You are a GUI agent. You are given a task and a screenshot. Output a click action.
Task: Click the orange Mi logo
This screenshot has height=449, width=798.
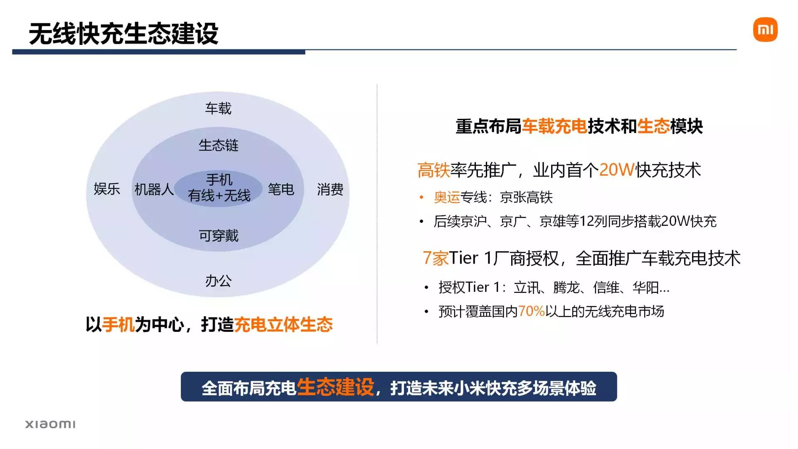(765, 30)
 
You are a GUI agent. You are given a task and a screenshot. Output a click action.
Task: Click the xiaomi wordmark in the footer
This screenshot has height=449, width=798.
(50, 424)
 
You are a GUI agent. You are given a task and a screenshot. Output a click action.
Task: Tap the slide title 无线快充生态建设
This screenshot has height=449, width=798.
(123, 34)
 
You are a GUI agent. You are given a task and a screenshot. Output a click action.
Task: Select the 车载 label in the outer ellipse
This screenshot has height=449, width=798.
(218, 109)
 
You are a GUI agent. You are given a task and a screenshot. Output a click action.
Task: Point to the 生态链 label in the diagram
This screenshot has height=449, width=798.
(218, 146)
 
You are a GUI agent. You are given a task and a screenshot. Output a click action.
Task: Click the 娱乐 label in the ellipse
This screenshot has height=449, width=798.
(107, 189)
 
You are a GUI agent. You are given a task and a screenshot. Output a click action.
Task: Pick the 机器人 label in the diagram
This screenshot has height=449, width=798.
(154, 190)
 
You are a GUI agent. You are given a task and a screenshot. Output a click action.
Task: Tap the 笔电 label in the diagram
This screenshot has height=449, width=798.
(281, 190)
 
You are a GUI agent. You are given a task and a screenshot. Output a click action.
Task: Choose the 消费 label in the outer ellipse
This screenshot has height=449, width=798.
(330, 190)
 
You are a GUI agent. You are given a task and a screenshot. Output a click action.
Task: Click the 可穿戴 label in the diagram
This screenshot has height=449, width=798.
(219, 236)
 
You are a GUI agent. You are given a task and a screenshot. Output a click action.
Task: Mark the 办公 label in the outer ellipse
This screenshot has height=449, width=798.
(218, 281)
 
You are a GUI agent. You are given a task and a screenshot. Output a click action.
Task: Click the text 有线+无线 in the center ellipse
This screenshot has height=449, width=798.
(219, 195)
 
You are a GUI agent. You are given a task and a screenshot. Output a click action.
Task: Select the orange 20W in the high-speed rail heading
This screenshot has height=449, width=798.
(617, 170)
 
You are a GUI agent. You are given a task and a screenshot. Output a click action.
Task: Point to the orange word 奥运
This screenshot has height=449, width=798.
(447, 197)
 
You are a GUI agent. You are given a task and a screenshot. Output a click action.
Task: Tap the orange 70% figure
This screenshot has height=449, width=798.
(531, 311)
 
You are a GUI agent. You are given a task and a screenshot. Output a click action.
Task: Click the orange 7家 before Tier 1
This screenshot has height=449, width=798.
(435, 258)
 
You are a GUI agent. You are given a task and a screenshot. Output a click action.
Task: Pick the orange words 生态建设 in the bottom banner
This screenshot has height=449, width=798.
(335, 387)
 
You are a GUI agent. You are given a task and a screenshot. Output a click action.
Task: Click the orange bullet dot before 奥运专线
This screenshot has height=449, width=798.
(421, 197)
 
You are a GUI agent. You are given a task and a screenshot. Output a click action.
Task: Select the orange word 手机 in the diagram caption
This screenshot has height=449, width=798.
(118, 325)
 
